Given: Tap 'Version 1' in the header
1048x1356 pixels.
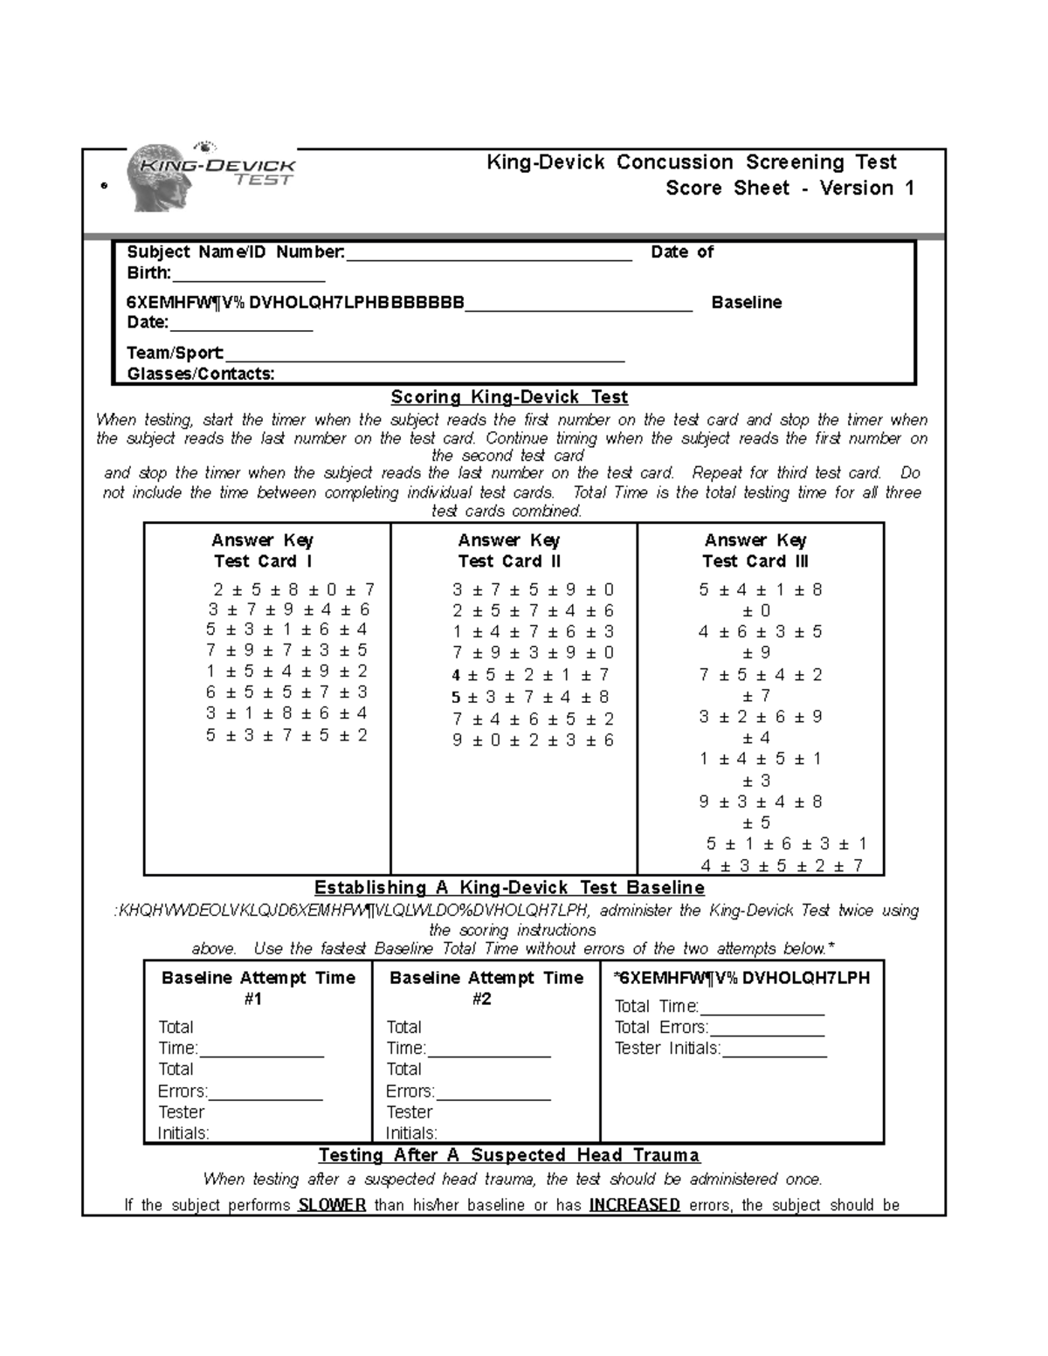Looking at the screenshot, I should [x=866, y=189].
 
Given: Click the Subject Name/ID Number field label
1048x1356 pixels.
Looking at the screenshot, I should [x=235, y=252].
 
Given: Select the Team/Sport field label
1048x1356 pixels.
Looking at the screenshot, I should [x=176, y=353].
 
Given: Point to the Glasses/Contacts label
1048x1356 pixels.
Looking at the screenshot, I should [x=201, y=374].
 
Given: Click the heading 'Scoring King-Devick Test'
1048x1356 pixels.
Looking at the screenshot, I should [x=509, y=397].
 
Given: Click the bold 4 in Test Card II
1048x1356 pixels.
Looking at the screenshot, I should [x=456, y=675].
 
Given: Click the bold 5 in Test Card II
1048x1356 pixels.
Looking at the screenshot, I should [x=456, y=697].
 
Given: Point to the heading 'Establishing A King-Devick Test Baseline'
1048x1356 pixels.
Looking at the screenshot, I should [x=509, y=888].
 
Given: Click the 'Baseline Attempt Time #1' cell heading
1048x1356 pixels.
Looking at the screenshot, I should [x=258, y=988].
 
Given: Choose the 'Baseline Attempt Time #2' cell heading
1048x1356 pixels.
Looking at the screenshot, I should [x=486, y=988].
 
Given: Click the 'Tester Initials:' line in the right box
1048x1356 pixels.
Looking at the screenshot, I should [x=667, y=1049].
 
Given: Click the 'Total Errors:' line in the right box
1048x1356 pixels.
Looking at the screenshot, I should [x=661, y=1028].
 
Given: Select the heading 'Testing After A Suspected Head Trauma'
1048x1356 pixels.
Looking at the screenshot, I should [x=509, y=1155].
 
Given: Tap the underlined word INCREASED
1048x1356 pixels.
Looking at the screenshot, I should [x=634, y=1205].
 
